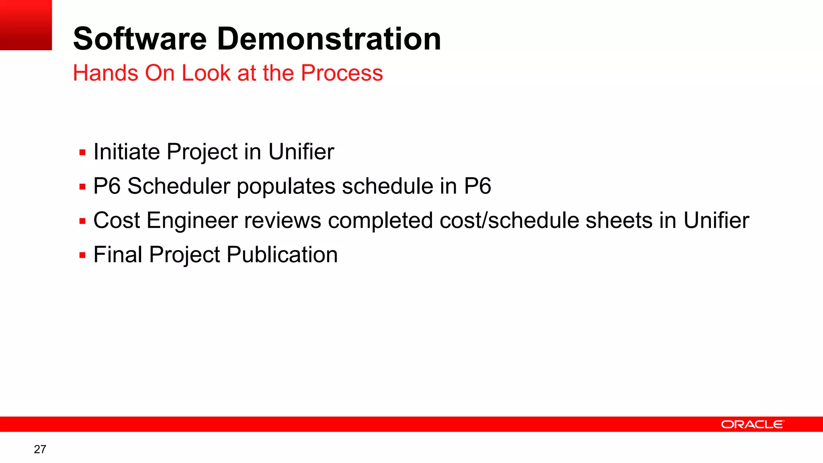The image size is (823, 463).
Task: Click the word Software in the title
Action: coord(139,39)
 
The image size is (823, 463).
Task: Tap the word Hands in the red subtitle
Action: coord(105,73)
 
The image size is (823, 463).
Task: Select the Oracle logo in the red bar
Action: coord(752,424)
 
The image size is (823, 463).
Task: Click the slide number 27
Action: coord(40,449)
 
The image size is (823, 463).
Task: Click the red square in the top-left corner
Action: coord(26,25)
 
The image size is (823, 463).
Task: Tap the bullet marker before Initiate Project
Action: coord(83,153)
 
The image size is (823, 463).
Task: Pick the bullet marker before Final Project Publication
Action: coord(83,255)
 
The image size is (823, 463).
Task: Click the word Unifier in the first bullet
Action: coord(301,152)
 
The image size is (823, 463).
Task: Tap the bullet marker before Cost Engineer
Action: coord(83,221)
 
